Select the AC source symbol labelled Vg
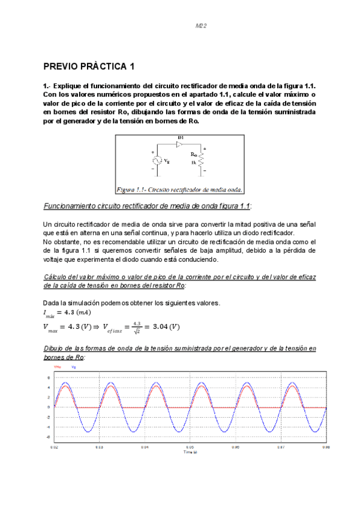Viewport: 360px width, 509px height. tap(155, 161)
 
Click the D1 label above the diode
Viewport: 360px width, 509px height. tap(179, 138)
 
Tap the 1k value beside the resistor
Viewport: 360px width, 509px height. tap(194, 163)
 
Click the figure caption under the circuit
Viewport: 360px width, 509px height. tap(179, 189)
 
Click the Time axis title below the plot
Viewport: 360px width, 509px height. tap(190, 452)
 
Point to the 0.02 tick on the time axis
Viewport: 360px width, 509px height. tap(54, 447)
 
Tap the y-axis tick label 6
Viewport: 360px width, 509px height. tap(49, 378)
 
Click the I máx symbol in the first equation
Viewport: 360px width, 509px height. tap(47, 313)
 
